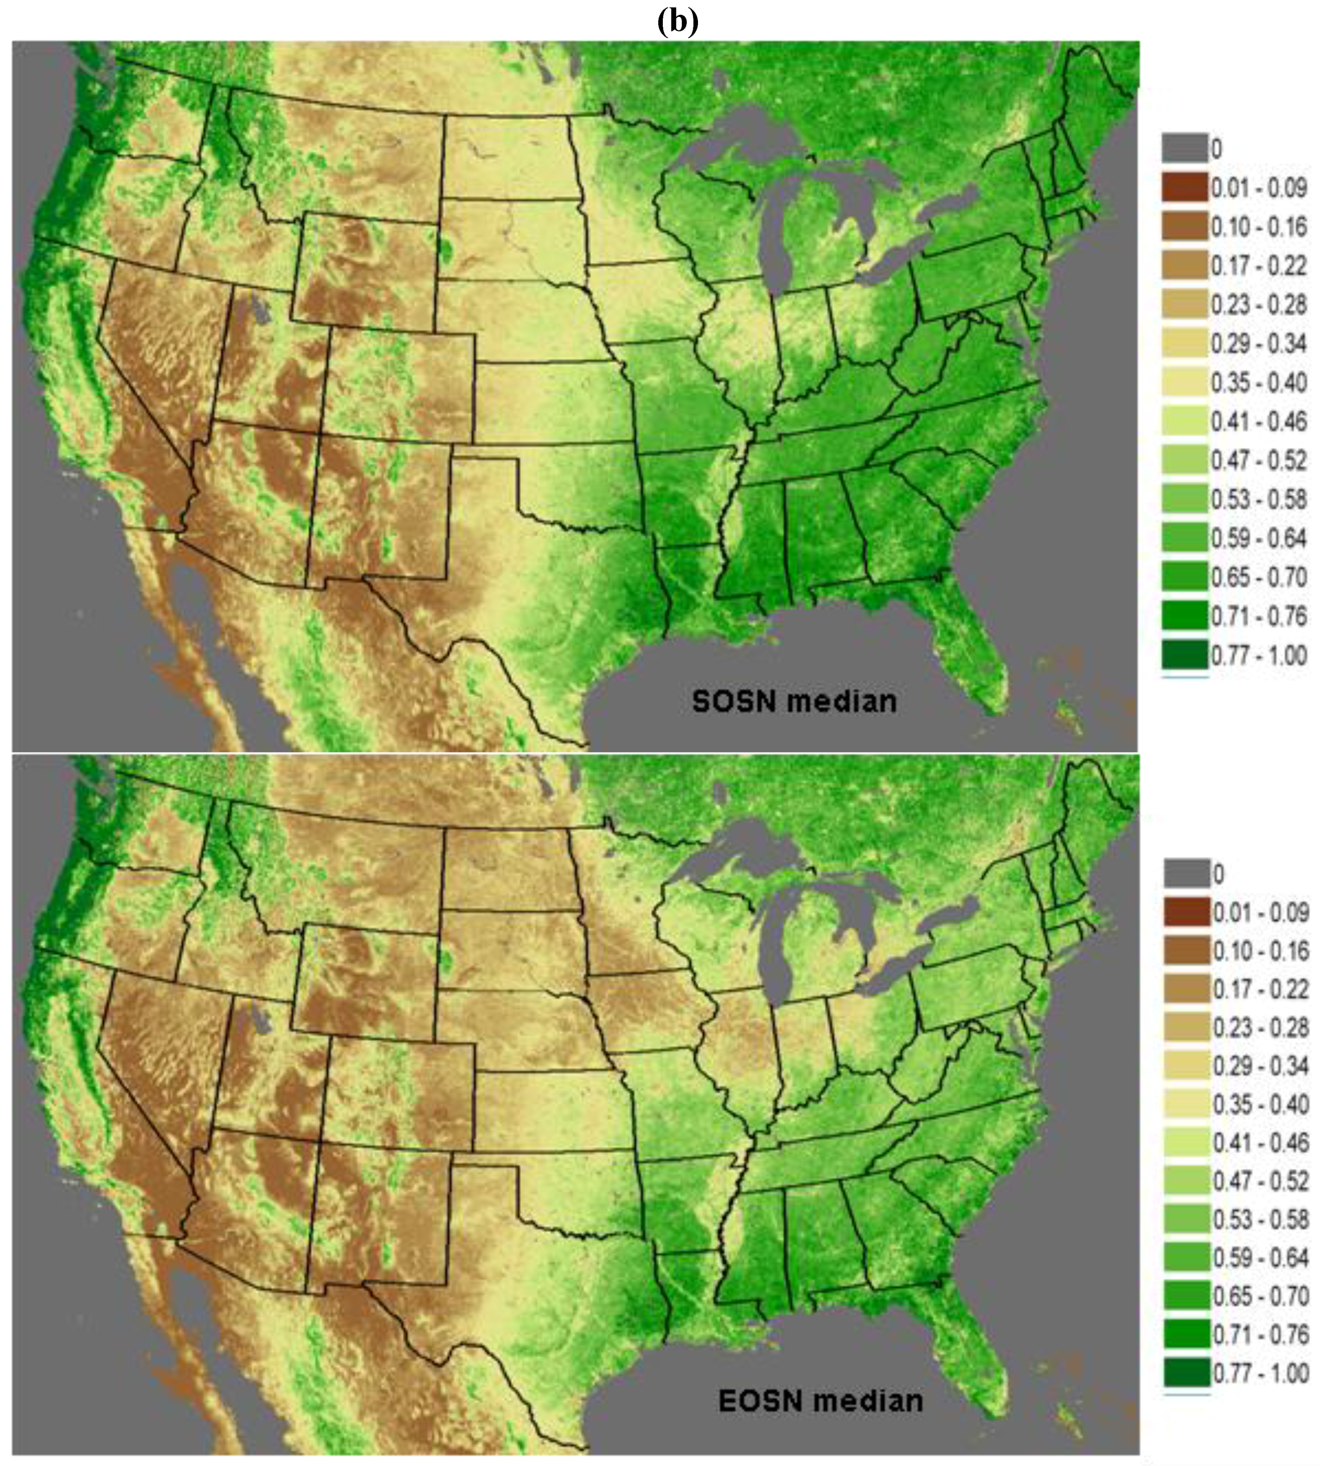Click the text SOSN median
(794, 702)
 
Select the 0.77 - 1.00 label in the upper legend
(1258, 655)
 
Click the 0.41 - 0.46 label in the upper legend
(1258, 421)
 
